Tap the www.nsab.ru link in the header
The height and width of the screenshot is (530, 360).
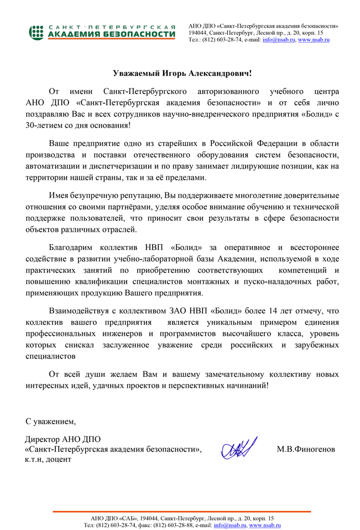[314, 40]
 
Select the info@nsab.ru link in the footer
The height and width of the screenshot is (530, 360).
[229, 524]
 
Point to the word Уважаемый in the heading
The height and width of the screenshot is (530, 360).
[137, 73]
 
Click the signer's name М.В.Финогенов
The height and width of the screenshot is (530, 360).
[305, 449]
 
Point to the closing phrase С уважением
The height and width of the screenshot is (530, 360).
[51, 422]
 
